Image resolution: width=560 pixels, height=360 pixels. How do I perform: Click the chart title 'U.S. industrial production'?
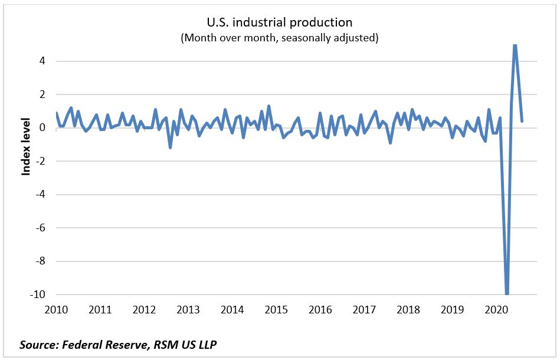[279, 22]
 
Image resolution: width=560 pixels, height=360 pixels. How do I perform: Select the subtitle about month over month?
[279, 38]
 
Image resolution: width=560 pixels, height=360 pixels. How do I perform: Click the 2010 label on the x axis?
[57, 309]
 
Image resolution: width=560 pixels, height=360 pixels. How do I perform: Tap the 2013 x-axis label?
[188, 309]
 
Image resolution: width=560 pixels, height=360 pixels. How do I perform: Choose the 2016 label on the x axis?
[320, 309]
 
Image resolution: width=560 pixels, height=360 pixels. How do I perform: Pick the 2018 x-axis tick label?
[408, 309]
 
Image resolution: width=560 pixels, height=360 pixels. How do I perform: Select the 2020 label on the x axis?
[496, 309]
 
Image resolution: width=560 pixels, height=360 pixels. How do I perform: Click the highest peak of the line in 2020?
[515, 45]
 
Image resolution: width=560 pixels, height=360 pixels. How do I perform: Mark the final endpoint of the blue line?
[522, 121]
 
